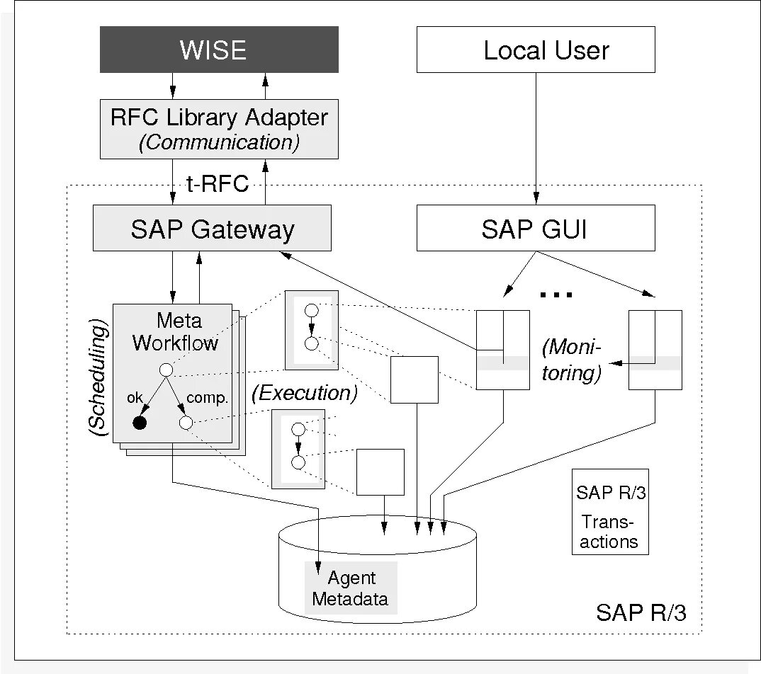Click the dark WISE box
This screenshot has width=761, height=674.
[219, 50]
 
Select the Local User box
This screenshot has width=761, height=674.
[535, 50]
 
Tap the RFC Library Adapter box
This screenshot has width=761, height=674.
[219, 128]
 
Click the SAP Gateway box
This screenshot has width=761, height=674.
[212, 228]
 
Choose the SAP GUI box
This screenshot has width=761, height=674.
[535, 228]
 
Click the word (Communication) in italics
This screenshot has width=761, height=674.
[219, 142]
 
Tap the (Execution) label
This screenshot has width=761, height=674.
[303, 394]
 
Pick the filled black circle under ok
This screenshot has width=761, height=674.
[140, 423]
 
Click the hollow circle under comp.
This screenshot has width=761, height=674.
[186, 423]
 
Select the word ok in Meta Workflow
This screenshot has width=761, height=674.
[135, 397]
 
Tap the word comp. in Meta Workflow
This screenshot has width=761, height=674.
[207, 398]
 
